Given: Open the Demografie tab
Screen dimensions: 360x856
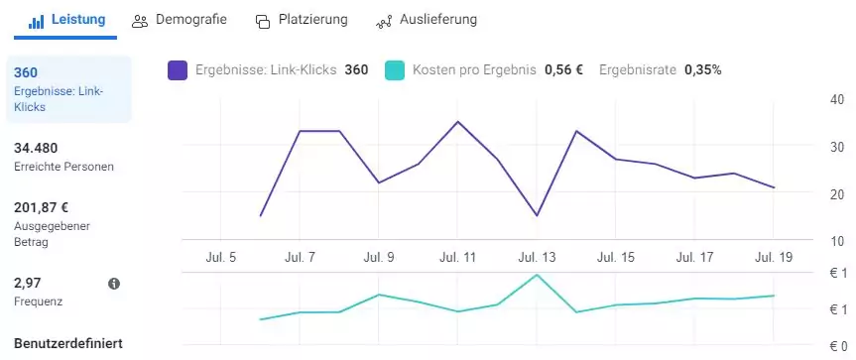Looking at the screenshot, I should [180, 20].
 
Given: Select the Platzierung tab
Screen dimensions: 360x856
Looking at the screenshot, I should [302, 21].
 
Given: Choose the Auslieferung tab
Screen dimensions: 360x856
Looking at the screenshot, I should [426, 20].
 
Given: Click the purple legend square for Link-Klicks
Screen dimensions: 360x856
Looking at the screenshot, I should [178, 70].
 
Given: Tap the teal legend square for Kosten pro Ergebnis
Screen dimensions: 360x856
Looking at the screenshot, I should [395, 70].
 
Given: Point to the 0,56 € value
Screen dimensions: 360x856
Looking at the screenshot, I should [563, 70].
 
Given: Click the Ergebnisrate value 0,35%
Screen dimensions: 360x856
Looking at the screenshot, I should [702, 70].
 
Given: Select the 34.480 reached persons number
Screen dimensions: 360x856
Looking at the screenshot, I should [36, 148].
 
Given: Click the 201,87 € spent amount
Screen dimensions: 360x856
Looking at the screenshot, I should [42, 207].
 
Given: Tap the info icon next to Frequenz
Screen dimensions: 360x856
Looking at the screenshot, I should [114, 284].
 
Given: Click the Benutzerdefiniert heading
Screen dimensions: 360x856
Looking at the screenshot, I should [67, 344].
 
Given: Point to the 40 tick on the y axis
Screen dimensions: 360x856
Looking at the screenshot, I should [836, 100].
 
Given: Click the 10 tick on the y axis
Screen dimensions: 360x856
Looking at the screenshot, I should [836, 241].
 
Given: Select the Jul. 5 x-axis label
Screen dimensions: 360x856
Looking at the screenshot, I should [219, 258].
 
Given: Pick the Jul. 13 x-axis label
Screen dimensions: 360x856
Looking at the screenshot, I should [537, 258].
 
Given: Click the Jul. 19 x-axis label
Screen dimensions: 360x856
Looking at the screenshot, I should [774, 258].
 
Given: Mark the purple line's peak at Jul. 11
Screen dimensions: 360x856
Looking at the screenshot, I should [457, 122].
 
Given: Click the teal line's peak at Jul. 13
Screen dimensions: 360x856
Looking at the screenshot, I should [537, 275].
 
